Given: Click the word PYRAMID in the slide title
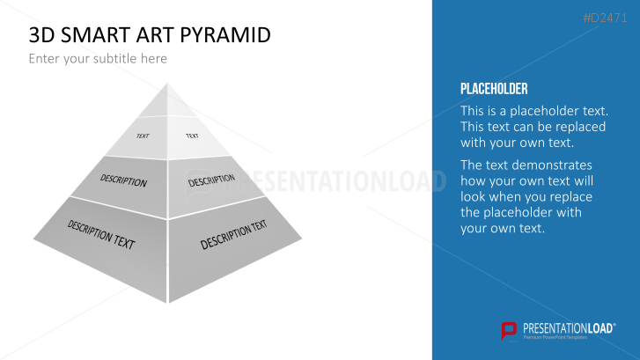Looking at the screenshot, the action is [225, 35].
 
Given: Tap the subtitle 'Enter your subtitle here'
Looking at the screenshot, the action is [98, 59].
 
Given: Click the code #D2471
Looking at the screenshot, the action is [605, 18].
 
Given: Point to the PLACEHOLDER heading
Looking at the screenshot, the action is [494, 89].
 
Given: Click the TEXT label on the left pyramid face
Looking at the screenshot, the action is [143, 136].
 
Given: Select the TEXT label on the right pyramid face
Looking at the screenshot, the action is [192, 136].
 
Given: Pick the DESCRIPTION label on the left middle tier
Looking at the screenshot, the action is [123, 180].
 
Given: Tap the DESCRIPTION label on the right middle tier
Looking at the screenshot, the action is [211, 180].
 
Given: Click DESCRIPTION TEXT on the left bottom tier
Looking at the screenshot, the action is [101, 235].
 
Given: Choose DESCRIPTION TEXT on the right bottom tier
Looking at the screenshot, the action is [233, 234].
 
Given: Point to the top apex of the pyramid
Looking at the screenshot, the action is [167, 83].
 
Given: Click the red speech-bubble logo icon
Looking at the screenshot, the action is [509, 331].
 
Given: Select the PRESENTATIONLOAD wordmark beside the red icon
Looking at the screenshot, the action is [569, 328].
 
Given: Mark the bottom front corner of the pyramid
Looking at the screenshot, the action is [167, 303].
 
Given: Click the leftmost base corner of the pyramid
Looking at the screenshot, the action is [34, 239].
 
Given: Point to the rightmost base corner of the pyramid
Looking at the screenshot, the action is [301, 239].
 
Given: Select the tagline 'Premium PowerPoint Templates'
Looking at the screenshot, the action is [555, 337].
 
